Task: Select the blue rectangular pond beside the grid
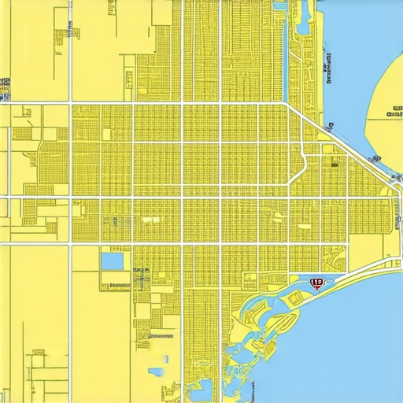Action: (113, 260)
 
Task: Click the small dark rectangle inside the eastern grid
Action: (335, 165)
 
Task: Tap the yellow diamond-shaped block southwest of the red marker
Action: (296, 297)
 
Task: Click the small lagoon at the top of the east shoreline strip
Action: (281, 7)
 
